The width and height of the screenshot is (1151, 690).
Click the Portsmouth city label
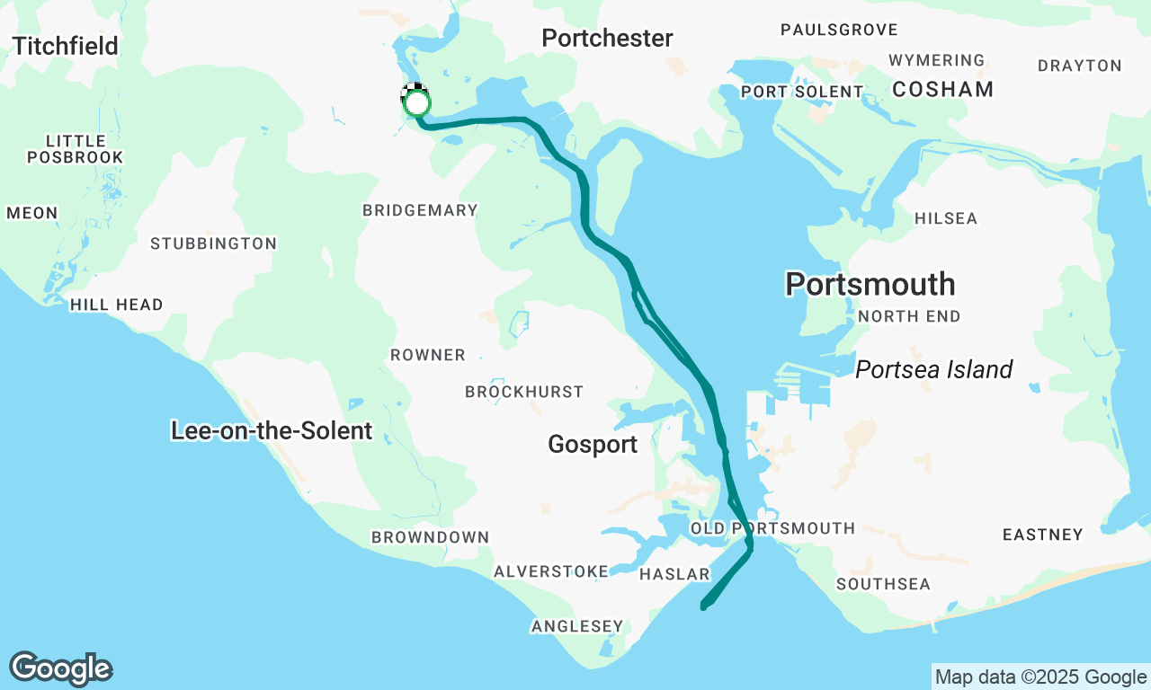point(870,284)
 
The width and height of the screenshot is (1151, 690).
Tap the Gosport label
point(593,444)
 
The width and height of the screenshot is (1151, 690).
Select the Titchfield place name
point(66,46)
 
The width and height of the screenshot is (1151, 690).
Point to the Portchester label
point(607,38)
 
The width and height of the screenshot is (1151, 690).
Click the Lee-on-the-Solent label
point(271,430)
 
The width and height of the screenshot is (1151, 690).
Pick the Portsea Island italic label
point(933,369)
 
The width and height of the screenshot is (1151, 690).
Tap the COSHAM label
point(942,89)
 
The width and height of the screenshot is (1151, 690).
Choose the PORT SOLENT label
point(801,93)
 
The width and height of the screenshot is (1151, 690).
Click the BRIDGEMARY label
point(420,210)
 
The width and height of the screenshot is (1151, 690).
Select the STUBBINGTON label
point(213,243)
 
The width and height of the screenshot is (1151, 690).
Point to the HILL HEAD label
point(117,305)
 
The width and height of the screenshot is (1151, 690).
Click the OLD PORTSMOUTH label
point(772,528)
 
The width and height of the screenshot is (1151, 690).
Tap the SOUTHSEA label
point(883,584)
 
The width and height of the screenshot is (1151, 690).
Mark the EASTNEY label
point(1042,535)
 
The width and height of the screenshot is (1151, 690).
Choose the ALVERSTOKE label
point(551,571)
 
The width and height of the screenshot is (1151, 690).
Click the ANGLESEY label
point(576,626)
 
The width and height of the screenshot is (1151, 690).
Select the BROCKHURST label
point(523,392)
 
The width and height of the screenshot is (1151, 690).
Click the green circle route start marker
point(415,103)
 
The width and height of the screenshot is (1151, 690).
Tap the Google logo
point(61,669)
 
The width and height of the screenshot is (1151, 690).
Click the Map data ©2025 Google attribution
point(1040,677)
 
